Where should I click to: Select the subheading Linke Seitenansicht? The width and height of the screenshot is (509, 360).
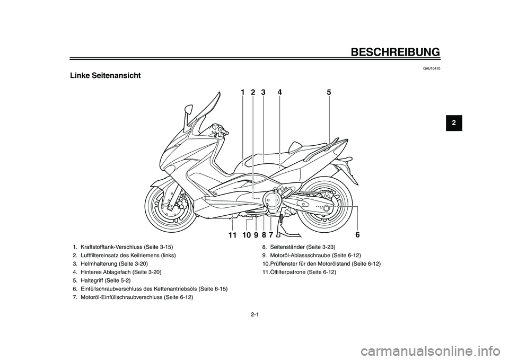(x=105, y=75)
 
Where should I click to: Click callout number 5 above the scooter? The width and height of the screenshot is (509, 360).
(x=329, y=92)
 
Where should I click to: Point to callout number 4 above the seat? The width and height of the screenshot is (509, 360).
(x=279, y=92)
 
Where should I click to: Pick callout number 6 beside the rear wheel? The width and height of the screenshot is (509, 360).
(x=357, y=234)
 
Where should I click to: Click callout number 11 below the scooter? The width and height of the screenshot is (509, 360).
(x=232, y=234)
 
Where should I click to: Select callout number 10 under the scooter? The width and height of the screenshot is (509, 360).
(x=246, y=234)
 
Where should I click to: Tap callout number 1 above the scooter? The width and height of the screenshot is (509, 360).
(x=242, y=92)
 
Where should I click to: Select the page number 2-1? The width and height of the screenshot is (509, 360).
(x=254, y=314)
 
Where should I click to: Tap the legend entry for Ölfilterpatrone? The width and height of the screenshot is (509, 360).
(x=299, y=272)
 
